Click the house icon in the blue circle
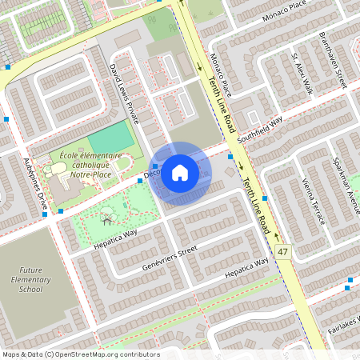(180, 171)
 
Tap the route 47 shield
(282, 252)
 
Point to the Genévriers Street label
(169, 258)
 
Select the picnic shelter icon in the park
(106, 218)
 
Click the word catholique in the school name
(86, 164)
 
